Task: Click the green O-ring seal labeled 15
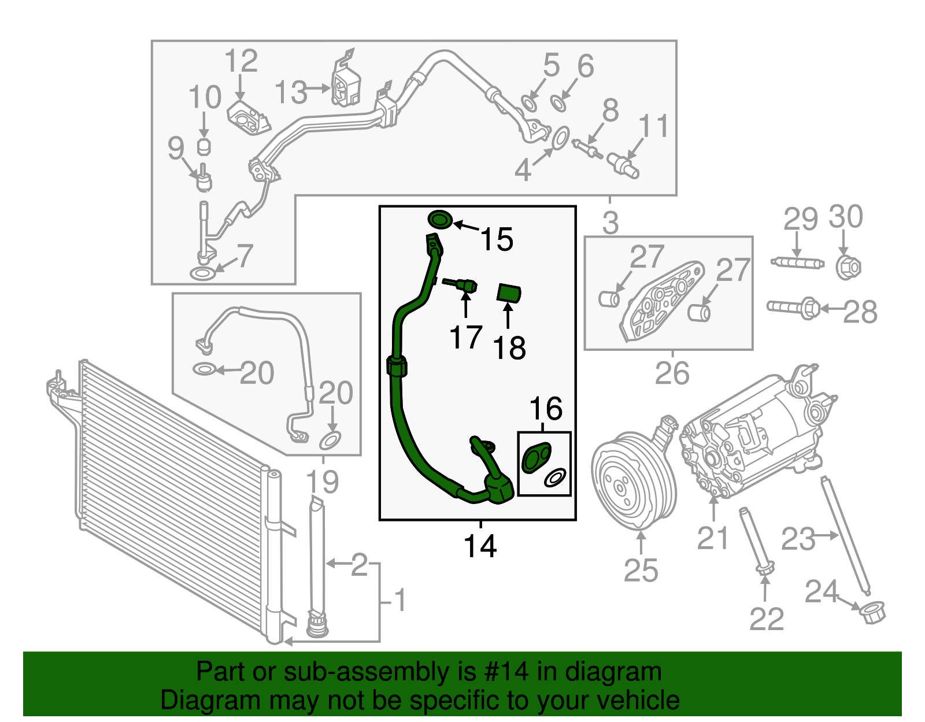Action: [x=440, y=220]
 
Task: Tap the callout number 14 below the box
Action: [x=480, y=546]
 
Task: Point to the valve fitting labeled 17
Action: [x=463, y=285]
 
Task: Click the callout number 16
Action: [x=546, y=409]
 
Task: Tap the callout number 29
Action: [x=800, y=219]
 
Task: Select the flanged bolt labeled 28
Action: [x=794, y=308]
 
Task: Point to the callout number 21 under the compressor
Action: [x=712, y=538]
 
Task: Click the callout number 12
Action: [x=240, y=61]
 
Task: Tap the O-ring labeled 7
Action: [x=201, y=273]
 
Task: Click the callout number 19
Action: [x=322, y=482]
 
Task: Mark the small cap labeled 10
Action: [x=204, y=146]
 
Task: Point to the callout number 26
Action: [x=672, y=373]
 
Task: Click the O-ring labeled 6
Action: [x=558, y=103]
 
